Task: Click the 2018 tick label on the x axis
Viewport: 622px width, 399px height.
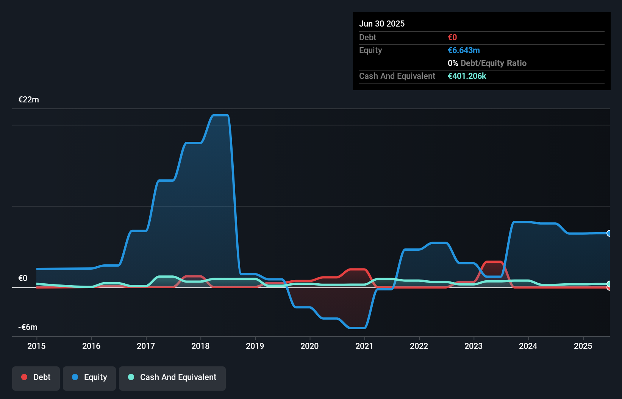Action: click(200, 346)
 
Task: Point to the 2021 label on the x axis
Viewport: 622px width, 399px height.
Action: click(364, 346)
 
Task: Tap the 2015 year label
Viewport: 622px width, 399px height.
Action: click(36, 346)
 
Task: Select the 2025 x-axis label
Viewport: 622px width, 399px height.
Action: click(583, 346)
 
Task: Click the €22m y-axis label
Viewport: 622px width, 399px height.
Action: click(29, 100)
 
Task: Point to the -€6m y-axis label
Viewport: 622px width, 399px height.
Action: click(28, 327)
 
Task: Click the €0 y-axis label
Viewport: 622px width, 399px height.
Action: click(23, 278)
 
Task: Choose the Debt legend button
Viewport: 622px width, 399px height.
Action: click(36, 377)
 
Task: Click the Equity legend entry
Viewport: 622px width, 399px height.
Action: click(89, 377)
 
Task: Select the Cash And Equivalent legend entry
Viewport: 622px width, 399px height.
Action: click(172, 377)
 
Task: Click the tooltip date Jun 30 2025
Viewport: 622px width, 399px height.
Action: click(382, 24)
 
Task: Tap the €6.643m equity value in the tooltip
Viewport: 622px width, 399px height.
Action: click(464, 50)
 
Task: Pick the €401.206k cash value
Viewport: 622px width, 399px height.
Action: click(467, 76)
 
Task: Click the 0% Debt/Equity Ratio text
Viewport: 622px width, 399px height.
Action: click(487, 63)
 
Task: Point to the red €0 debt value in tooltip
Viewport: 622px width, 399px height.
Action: click(452, 38)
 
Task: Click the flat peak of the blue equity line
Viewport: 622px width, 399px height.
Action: click(220, 115)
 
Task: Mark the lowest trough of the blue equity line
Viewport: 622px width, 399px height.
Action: click(356, 328)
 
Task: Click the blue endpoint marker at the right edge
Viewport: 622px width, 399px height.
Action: click(609, 233)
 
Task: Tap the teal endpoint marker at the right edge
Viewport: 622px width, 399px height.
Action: click(609, 284)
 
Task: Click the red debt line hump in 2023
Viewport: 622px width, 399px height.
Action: click(494, 262)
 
